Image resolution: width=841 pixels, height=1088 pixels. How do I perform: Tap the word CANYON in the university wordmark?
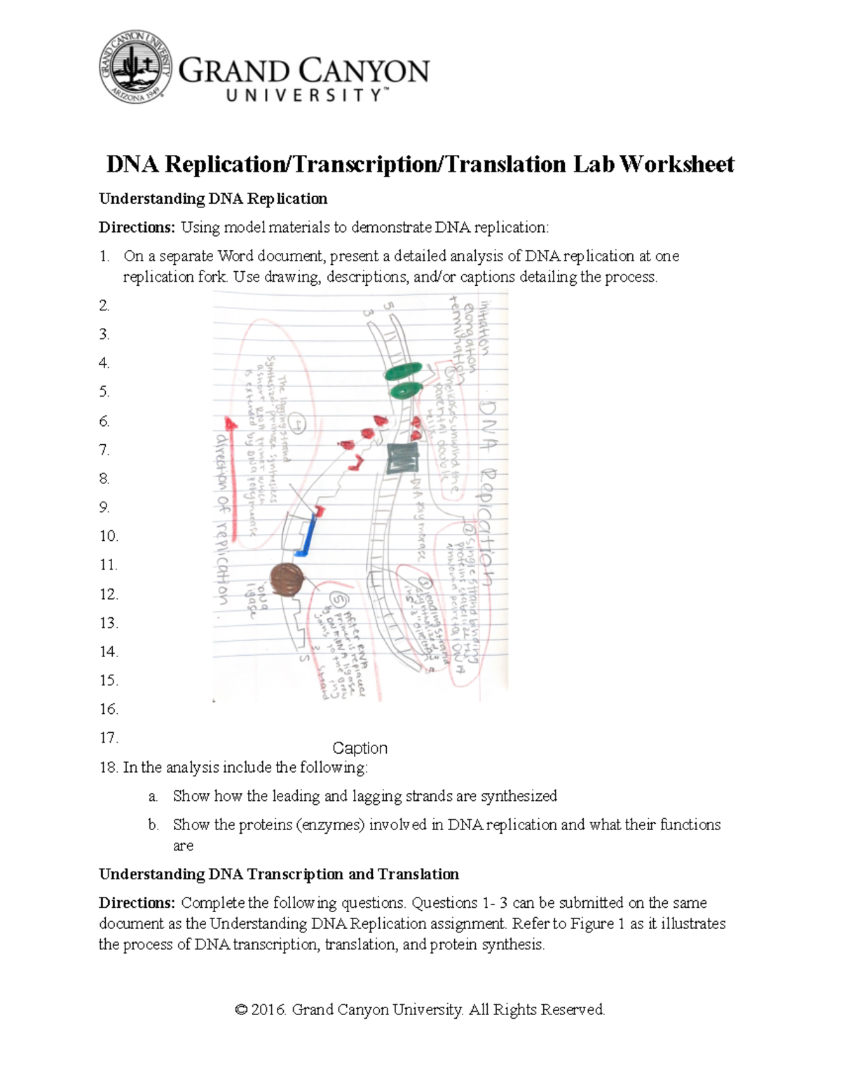pyautogui.click(x=365, y=71)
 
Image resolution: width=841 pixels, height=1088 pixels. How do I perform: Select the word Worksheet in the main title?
pyautogui.click(x=677, y=164)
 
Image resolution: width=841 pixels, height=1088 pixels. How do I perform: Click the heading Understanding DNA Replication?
pyautogui.click(x=213, y=199)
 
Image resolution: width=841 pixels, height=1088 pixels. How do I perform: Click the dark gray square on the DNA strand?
pyautogui.click(x=402, y=459)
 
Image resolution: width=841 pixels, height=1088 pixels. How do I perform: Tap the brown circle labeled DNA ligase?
pyautogui.click(x=287, y=579)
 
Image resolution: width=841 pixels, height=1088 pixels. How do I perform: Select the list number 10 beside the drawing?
pyautogui.click(x=109, y=537)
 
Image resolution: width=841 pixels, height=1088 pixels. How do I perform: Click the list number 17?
pyautogui.click(x=109, y=738)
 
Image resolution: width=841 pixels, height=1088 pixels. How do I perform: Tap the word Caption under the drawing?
pyautogui.click(x=360, y=748)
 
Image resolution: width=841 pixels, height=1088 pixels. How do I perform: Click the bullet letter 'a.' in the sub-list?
pyautogui.click(x=153, y=797)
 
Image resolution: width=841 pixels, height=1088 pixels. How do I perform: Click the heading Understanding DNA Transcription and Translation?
pyautogui.click(x=279, y=874)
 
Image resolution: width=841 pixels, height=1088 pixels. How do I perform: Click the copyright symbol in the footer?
pyautogui.click(x=242, y=1010)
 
